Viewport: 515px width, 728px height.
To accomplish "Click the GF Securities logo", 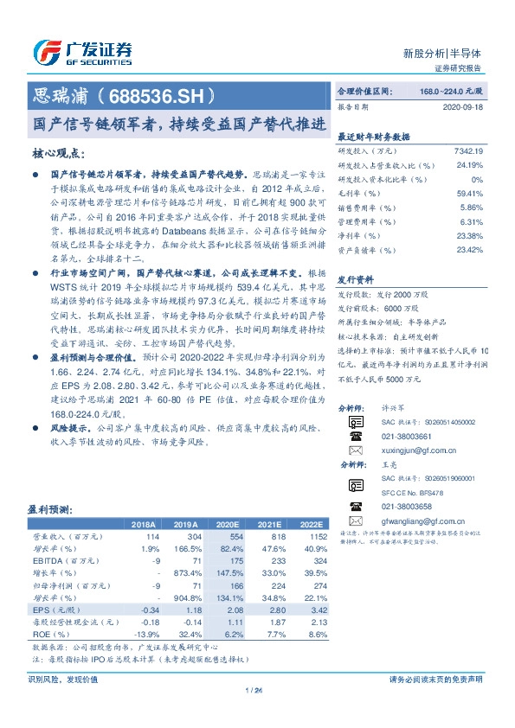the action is coord(83,51).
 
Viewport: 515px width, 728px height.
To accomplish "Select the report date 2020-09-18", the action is coord(462,108).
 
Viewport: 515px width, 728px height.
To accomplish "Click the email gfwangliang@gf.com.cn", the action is coord(423,521).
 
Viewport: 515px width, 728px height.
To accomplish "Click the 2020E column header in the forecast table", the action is coord(229,525).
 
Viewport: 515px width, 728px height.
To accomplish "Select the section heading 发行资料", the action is coord(355,281).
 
